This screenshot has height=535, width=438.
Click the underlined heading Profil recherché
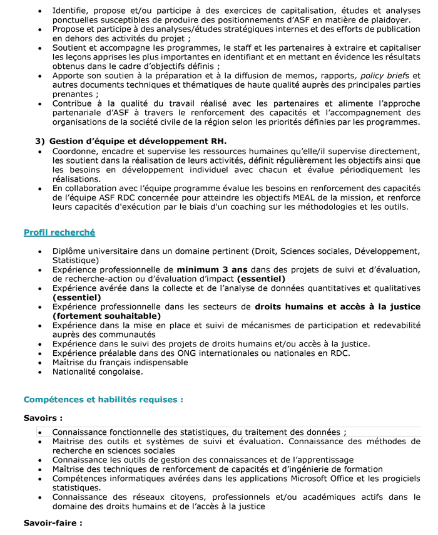(59, 232)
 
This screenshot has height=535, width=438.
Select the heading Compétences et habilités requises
(103, 399)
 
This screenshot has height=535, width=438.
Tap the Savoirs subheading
(43, 417)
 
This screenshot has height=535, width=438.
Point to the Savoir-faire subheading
(53, 522)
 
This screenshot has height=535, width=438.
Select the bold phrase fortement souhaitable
(98, 316)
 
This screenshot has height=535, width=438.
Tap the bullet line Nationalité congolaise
(98, 371)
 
